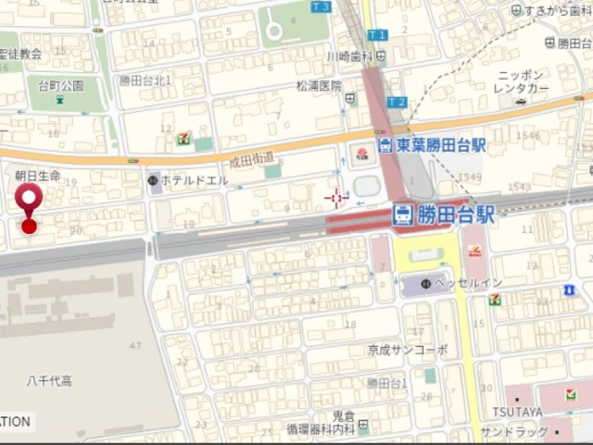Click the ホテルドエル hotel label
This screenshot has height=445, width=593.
(x=194, y=179)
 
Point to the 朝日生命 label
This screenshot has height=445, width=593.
(x=37, y=175)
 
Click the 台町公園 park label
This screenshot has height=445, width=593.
(x=60, y=85)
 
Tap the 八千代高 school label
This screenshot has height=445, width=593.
(x=49, y=380)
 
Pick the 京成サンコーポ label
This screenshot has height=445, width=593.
(x=408, y=350)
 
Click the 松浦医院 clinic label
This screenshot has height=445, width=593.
(x=319, y=85)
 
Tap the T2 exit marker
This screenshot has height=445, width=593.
(x=396, y=102)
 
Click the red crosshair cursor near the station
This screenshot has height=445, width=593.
(x=336, y=197)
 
